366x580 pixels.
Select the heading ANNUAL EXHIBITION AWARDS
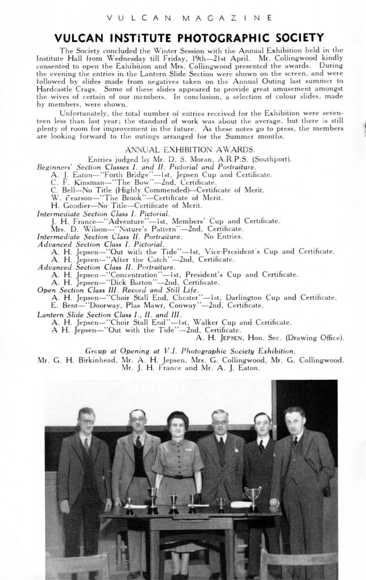click(182, 150)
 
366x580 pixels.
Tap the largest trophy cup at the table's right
click(253, 495)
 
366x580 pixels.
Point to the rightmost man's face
click(294, 421)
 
